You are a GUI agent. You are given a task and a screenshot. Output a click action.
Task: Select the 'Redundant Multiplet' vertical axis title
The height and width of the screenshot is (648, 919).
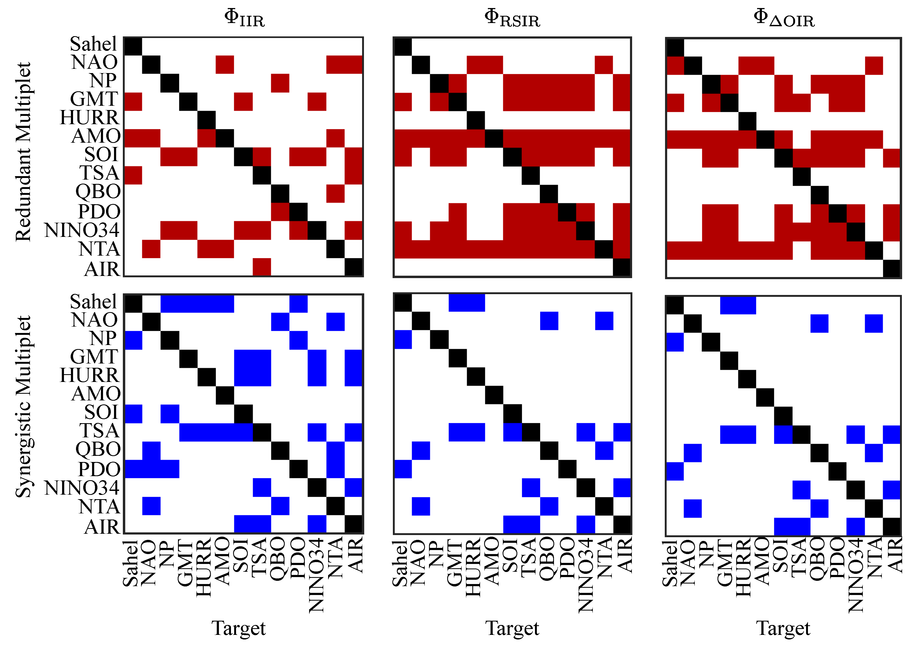(23, 152)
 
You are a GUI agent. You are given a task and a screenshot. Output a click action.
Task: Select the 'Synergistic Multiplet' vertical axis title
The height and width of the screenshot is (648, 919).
(23, 407)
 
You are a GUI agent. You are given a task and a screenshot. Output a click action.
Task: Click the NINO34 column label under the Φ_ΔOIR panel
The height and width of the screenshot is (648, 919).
(856, 575)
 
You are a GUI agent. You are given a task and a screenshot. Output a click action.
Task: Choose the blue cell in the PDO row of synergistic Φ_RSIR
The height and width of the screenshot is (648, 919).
(403, 469)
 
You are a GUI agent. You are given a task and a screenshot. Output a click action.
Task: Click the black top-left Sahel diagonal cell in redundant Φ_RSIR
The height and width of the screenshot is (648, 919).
(403, 46)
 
